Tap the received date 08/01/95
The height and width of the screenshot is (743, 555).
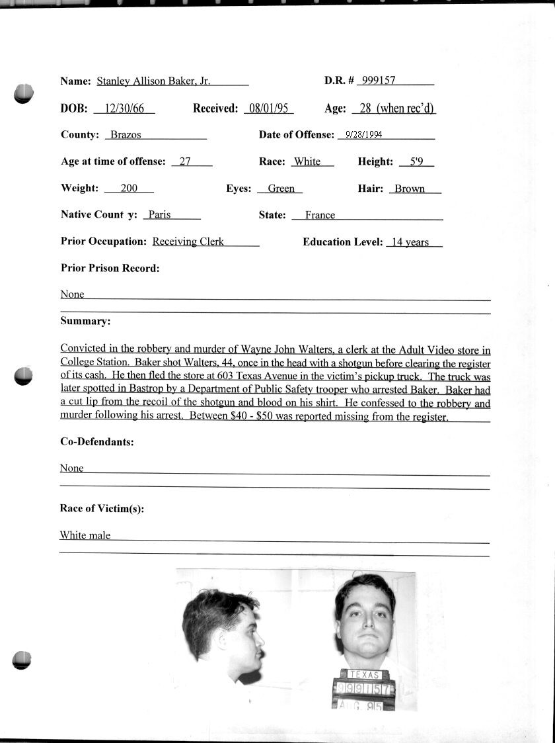[x=268, y=109]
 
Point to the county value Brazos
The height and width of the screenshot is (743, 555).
[x=126, y=135]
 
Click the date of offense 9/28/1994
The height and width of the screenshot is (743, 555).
[x=364, y=134]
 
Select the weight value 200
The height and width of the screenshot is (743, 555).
[x=129, y=189]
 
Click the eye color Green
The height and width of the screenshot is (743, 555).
[x=281, y=189]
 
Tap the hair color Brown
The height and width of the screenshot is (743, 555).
[x=410, y=189]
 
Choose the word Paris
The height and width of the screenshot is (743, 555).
[x=159, y=215]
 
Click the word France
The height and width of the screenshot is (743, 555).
[x=320, y=215]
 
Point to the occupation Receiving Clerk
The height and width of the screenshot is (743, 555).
[x=188, y=241]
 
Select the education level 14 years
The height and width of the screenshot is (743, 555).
[x=410, y=242]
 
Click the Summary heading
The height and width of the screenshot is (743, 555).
[x=85, y=321]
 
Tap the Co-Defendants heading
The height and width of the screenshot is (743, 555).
[x=96, y=441]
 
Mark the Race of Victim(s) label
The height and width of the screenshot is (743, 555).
[x=102, y=508]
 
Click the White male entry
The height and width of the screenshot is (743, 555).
[x=85, y=535]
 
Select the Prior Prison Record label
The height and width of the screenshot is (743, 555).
[x=110, y=268]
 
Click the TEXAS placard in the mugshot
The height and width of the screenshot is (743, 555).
[x=364, y=675]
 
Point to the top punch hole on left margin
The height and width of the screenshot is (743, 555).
[x=23, y=94]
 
